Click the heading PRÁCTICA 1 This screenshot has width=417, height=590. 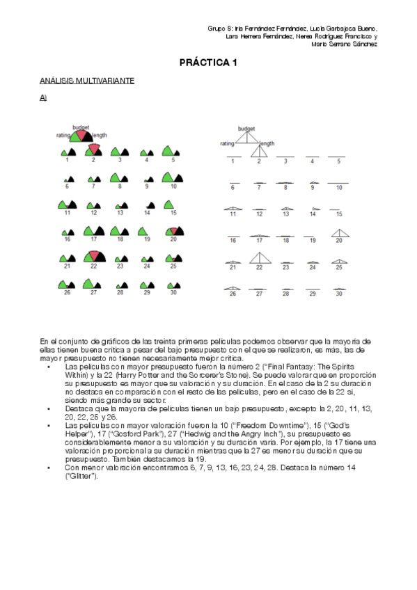208,63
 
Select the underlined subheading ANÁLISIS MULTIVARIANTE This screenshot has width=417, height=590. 86,81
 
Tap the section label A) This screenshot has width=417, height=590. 43,97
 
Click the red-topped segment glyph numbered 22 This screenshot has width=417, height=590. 93,257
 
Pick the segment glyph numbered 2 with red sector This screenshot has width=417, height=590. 93,150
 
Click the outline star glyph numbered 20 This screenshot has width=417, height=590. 339,234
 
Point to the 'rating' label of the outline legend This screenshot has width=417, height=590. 227,143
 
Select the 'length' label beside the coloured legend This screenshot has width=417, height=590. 100,135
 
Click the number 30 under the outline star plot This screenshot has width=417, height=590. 339,294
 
